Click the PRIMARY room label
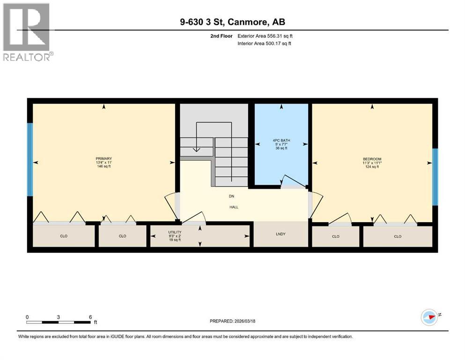point(103,158)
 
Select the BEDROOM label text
point(372,159)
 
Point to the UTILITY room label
point(175,232)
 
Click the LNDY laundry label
point(281,234)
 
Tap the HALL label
point(233,207)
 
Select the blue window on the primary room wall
point(30,159)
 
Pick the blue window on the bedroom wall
point(435,177)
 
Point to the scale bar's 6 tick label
point(90,317)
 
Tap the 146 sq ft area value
point(103,166)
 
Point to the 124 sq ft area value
point(372,167)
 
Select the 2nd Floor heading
point(220,36)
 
